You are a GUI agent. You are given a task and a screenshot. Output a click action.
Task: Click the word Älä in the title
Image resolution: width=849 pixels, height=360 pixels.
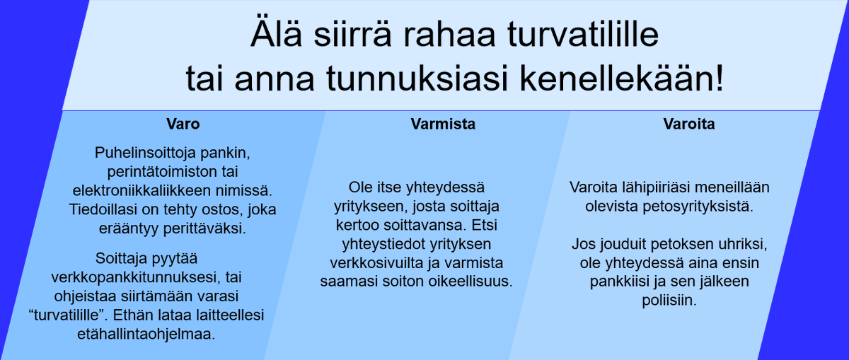(x=275, y=35)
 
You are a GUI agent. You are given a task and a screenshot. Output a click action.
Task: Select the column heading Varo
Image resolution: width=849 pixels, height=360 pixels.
(x=183, y=124)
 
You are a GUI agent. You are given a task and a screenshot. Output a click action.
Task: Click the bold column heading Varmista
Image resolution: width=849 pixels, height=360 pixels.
(x=443, y=124)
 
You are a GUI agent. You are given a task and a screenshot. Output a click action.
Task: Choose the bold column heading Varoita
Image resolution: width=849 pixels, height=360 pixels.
(x=689, y=124)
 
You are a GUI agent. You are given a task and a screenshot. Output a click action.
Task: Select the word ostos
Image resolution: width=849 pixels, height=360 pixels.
(x=226, y=210)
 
